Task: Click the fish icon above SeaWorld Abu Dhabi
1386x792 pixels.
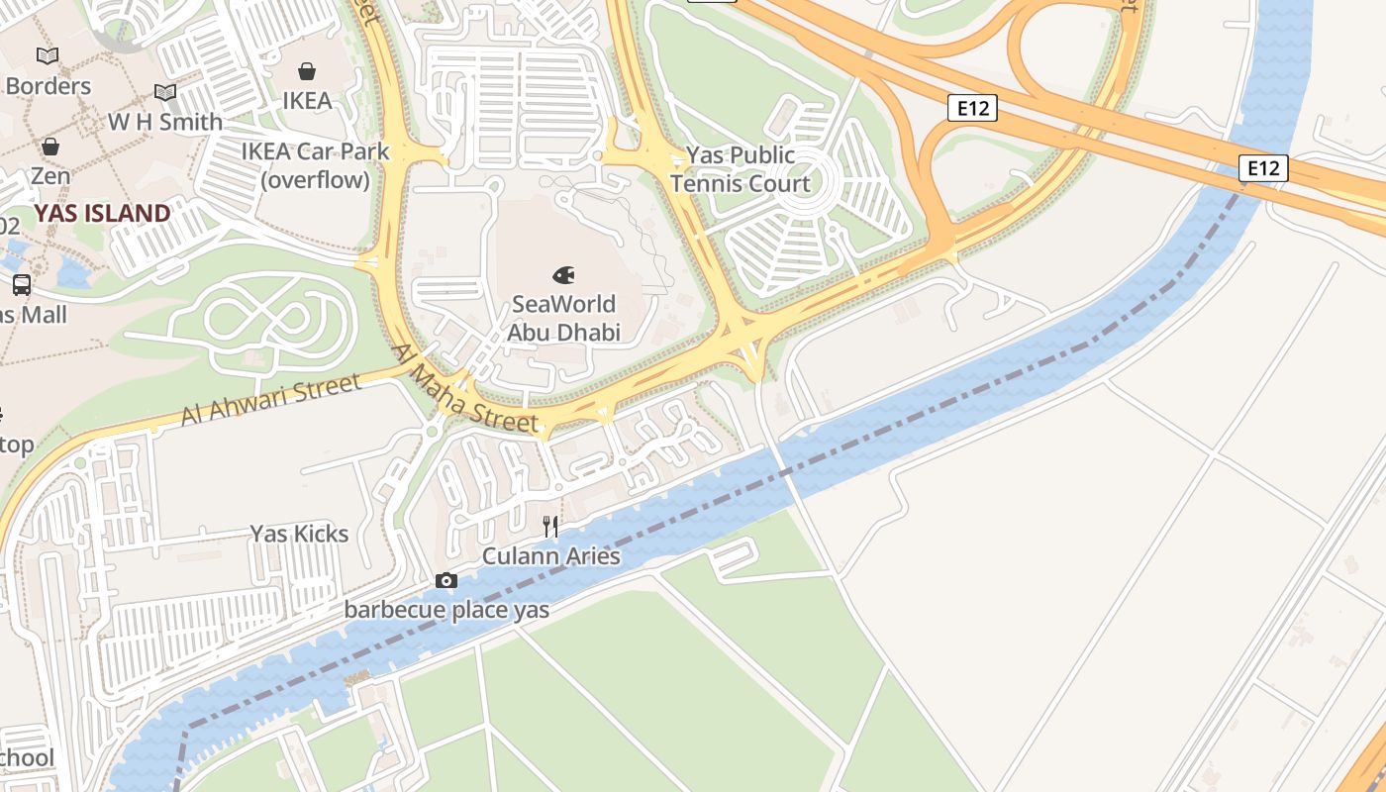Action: tap(563, 275)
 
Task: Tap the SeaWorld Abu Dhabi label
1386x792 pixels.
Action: tap(563, 318)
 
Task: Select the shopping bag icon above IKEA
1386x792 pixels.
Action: tap(307, 71)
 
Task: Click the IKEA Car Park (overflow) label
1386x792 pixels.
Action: tap(316, 166)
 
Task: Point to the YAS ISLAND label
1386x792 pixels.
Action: tap(102, 213)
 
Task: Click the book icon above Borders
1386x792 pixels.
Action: tap(48, 56)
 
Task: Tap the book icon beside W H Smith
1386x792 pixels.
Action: tap(165, 93)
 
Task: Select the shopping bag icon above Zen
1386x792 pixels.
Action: tap(49, 148)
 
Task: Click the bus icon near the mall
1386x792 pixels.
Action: tap(21, 285)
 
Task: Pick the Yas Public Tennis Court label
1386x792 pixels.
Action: tap(740, 169)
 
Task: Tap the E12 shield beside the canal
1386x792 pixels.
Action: tap(1263, 168)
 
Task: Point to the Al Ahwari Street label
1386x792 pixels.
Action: tap(270, 400)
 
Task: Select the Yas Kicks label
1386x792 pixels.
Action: tap(299, 534)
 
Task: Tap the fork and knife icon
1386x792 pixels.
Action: tap(551, 527)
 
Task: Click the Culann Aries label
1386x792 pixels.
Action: tap(550, 556)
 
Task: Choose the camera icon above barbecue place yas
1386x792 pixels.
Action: tap(446, 581)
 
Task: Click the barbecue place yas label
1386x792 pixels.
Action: tap(446, 610)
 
